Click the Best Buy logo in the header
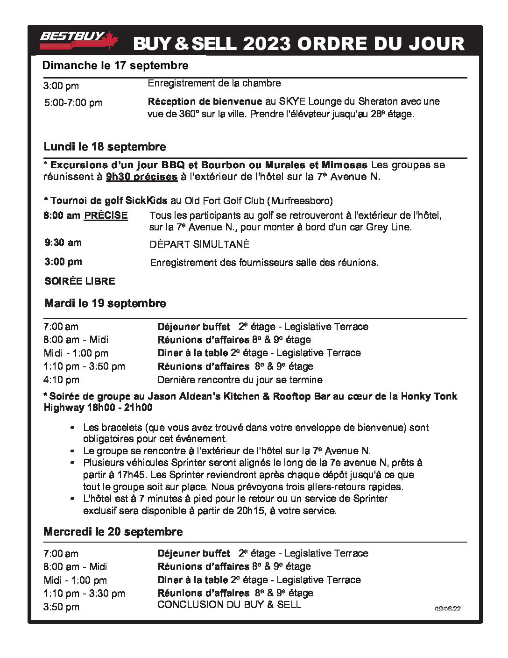[x=78, y=40]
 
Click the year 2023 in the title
[x=266, y=44]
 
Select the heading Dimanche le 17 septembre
[x=115, y=65]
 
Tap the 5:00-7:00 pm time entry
[x=73, y=103]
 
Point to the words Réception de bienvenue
[x=205, y=101]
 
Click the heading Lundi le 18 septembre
[x=105, y=147]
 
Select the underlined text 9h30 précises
[x=141, y=177]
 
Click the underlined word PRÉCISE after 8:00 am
[x=106, y=215]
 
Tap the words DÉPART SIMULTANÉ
[x=199, y=244]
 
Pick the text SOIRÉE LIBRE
[x=80, y=281]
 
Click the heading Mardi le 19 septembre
[x=105, y=303]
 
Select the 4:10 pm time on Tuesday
[x=62, y=380]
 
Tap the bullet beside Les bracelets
[x=72, y=428]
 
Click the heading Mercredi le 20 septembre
[x=113, y=532]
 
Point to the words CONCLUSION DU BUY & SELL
[x=229, y=605]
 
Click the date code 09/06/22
[x=448, y=609]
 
